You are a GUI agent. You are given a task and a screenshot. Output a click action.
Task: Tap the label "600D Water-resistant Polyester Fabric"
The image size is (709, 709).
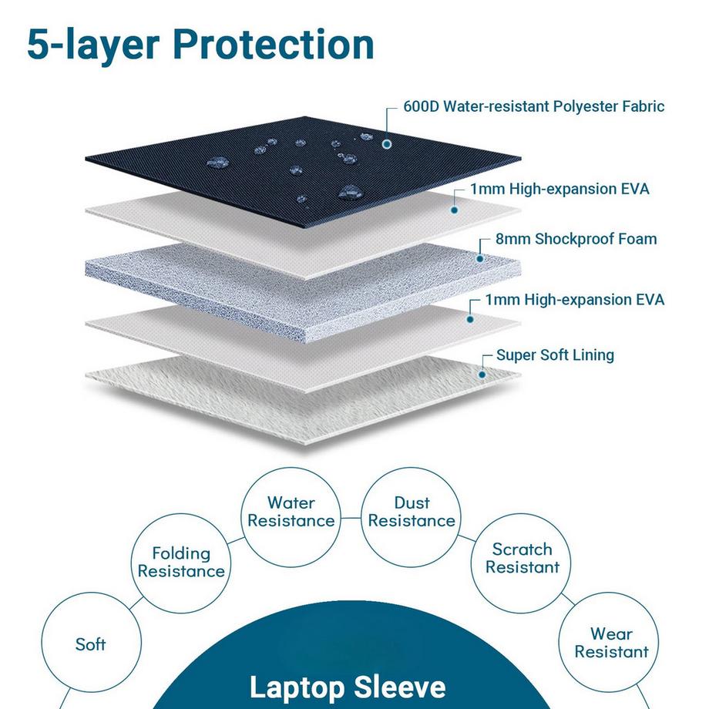(x=533, y=106)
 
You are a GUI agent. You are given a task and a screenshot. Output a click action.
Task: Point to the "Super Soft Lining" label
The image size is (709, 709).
(x=555, y=355)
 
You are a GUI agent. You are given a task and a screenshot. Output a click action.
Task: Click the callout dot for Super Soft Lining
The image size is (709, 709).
(x=482, y=374)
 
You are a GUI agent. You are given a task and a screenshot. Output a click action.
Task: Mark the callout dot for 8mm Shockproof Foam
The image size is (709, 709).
(x=479, y=258)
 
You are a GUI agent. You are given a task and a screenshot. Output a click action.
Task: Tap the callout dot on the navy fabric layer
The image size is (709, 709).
(x=386, y=143)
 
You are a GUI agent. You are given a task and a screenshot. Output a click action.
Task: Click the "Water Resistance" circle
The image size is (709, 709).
(x=291, y=512)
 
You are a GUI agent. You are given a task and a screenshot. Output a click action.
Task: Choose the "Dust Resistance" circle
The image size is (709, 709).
(x=412, y=512)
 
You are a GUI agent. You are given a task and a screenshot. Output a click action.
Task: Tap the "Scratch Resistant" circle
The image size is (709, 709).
(x=522, y=558)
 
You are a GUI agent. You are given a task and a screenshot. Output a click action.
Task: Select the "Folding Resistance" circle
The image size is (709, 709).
(x=181, y=562)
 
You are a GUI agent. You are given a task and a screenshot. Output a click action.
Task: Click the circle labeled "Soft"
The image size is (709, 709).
(x=90, y=643)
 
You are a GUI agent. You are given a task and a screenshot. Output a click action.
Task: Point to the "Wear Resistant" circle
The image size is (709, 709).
(x=611, y=643)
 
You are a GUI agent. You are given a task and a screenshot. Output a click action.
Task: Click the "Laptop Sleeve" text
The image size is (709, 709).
(x=348, y=687)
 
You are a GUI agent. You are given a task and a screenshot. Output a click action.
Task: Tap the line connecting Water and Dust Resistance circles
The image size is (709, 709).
(x=351, y=518)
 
